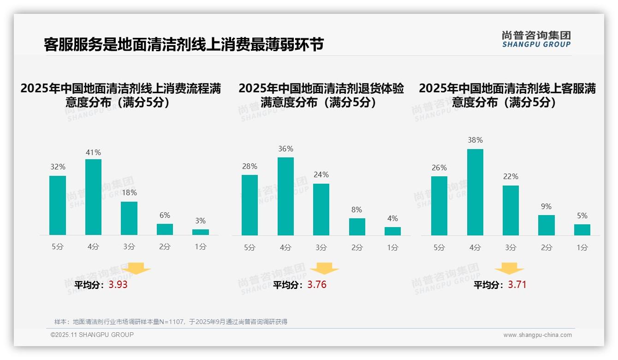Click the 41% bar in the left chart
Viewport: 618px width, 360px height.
pyautogui.click(x=93, y=197)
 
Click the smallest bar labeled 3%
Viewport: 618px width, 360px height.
pyautogui.click(x=201, y=232)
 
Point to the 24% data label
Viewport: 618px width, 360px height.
pyautogui.click(x=321, y=175)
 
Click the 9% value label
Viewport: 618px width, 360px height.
pyautogui.click(x=546, y=207)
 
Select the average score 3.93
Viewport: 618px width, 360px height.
pyautogui.click(x=118, y=285)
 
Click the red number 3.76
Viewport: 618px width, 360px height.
pyautogui.click(x=317, y=285)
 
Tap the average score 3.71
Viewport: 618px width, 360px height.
pyautogui.click(x=517, y=285)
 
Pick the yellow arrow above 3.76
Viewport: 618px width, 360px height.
pyautogui.click(x=325, y=268)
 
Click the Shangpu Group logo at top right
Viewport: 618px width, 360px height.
pyautogui.click(x=536, y=39)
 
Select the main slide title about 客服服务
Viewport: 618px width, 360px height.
pyautogui.click(x=184, y=44)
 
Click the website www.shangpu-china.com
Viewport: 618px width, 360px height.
pyautogui.click(x=537, y=335)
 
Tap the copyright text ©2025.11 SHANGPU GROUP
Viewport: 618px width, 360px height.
pyautogui.click(x=92, y=335)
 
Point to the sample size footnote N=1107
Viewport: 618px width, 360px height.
pyautogui.click(x=171, y=322)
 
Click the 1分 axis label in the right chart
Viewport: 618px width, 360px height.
pyautogui.click(x=582, y=248)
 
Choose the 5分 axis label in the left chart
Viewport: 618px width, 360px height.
pyautogui.click(x=58, y=247)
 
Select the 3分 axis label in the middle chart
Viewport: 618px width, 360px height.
pyautogui.click(x=321, y=248)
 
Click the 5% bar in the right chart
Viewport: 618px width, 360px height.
pyautogui.click(x=582, y=230)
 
